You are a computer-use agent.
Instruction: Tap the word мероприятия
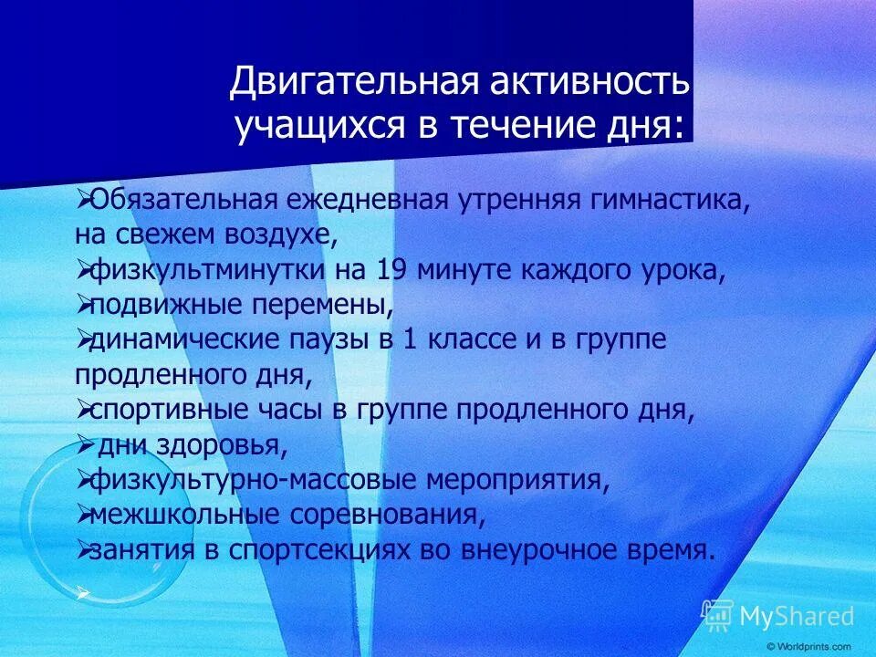pyautogui.click(x=518, y=480)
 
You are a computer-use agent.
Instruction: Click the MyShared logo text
pyautogui.click(x=797, y=616)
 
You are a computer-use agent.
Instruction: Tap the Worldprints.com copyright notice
pyautogui.click(x=809, y=647)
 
